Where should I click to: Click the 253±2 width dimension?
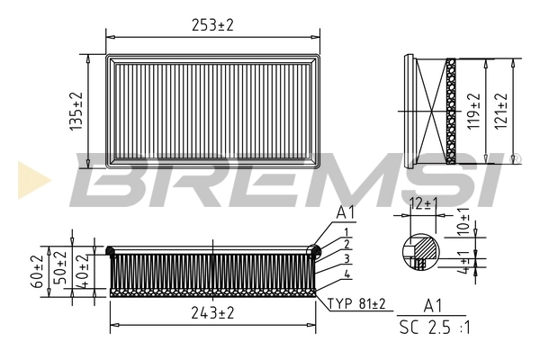(x=212, y=26)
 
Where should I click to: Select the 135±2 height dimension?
(x=77, y=112)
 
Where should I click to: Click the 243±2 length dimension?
(x=213, y=313)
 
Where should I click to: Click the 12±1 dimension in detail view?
(x=422, y=204)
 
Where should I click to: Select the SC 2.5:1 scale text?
(x=435, y=328)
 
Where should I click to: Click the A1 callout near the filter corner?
(x=346, y=213)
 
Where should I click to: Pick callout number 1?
(x=346, y=232)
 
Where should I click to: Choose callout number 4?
(x=346, y=273)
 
